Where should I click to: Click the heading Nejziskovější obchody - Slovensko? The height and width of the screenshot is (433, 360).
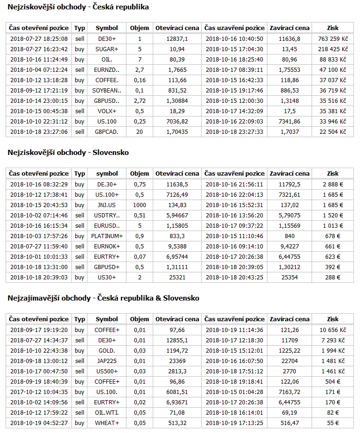(69, 153)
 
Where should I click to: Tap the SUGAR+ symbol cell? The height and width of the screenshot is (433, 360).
(107, 49)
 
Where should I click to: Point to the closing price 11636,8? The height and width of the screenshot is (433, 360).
(289, 39)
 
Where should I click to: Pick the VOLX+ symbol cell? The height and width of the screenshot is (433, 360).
(107, 111)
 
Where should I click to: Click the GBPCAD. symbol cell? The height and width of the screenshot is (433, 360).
(107, 131)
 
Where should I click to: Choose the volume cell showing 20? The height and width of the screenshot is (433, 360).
(140, 131)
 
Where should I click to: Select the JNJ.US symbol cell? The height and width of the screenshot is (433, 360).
(107, 205)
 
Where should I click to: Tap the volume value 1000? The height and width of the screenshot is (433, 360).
(140, 205)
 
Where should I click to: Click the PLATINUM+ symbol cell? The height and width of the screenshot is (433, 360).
(107, 236)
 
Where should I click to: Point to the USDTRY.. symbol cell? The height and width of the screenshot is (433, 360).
(107, 215)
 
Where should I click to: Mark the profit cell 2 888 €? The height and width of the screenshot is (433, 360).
(334, 184)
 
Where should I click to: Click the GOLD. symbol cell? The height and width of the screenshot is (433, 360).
(107, 350)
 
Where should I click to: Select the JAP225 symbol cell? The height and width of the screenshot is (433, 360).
(107, 361)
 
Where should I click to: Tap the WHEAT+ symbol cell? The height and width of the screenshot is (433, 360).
(107, 423)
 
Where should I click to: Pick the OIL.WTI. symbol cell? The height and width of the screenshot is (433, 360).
(107, 412)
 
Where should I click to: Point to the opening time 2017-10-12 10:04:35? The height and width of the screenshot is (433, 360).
(39, 392)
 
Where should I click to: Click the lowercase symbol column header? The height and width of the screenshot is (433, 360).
(107, 173)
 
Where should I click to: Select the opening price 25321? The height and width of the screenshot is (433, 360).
(177, 277)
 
